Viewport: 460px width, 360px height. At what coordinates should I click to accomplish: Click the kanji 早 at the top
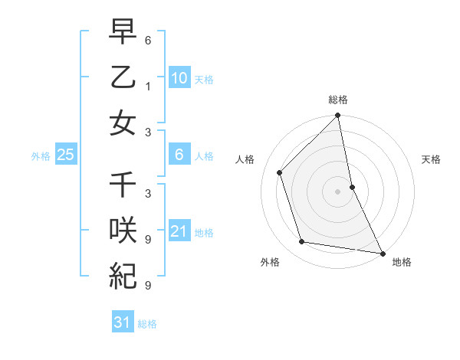coord(123,34)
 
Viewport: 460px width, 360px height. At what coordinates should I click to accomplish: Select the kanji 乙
coord(123,77)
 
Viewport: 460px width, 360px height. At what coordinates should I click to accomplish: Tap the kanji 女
coord(123,123)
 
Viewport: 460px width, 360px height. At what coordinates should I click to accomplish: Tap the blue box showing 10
coord(179,78)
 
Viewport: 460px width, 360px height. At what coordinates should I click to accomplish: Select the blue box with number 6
coord(179,155)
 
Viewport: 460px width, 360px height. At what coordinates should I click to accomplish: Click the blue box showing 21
coord(179,231)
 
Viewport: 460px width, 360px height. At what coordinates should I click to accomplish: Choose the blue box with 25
coord(65,155)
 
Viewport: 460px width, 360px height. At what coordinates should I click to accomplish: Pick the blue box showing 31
coord(123,322)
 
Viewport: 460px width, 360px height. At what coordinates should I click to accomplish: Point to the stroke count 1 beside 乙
coord(148,86)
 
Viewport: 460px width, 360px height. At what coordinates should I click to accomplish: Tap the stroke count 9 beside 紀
coord(148,285)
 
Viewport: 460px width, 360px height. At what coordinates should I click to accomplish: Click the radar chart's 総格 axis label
coord(338,100)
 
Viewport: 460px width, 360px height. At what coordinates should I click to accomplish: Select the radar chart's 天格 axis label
coord(431,159)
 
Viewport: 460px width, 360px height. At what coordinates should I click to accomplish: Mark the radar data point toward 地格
coord(382,253)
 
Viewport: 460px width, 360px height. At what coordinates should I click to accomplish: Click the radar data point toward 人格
coord(280,172)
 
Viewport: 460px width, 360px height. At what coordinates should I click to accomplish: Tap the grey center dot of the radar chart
coord(338,191)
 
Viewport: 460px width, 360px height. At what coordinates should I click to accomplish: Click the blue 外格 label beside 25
coord(41,155)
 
